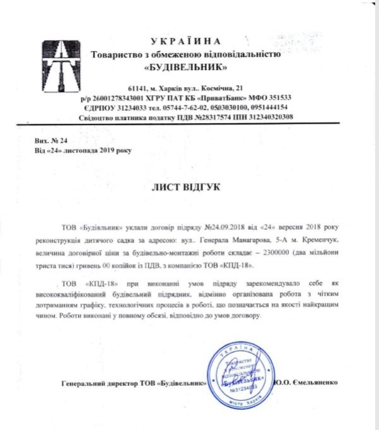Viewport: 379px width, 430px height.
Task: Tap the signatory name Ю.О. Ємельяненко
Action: tap(308, 383)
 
